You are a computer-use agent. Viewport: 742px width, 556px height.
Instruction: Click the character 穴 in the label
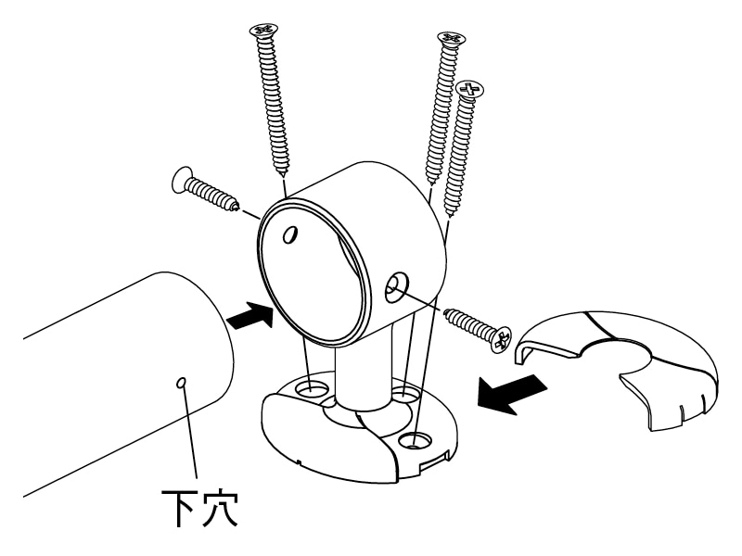(219, 509)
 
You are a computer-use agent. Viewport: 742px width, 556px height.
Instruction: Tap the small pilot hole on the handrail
(181, 383)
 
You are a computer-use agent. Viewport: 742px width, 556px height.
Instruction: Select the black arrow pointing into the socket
(249, 315)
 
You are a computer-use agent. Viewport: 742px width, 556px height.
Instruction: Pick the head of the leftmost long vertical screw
(263, 31)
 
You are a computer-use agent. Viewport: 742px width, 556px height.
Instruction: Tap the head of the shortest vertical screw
(471, 89)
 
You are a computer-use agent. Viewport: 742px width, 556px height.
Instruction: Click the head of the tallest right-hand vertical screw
(451, 39)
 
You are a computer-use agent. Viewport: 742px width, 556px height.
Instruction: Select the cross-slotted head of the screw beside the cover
(501, 338)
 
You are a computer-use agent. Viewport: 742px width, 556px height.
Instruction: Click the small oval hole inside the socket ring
(290, 234)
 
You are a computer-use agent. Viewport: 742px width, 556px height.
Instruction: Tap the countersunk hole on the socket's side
(397, 287)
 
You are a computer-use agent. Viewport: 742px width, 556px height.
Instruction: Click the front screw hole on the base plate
(415, 442)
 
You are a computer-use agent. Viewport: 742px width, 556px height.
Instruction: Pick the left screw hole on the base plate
(312, 389)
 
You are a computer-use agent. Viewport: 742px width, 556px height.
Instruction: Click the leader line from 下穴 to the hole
(189, 433)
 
